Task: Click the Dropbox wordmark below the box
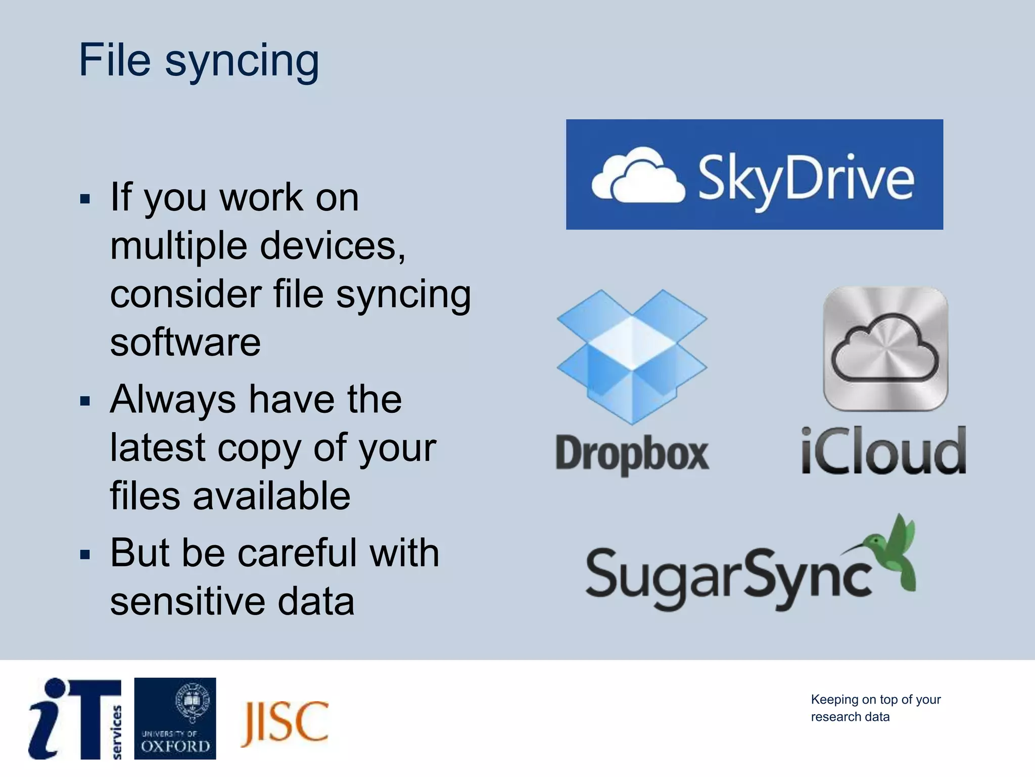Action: point(632,454)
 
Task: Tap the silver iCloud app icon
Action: point(885,349)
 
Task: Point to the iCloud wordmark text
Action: point(883,451)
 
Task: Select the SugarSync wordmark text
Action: point(728,577)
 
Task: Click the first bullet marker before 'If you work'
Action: point(85,199)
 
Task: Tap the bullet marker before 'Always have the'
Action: point(85,402)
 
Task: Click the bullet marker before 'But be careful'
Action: point(85,555)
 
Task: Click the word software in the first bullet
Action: point(185,342)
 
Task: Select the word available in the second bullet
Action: point(271,496)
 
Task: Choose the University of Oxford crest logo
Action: point(175,718)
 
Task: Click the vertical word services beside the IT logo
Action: point(117,731)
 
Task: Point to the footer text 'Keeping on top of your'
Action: point(875,700)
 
